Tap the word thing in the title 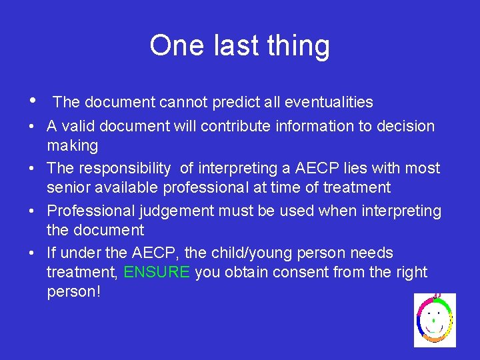pyautogui.click(x=299, y=46)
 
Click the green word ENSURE pyautogui.click(x=157, y=272)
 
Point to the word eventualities pyautogui.click(x=329, y=102)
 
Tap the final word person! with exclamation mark pyautogui.click(x=74, y=292)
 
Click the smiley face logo pyautogui.click(x=435, y=320)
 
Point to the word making pyautogui.click(x=72, y=145)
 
